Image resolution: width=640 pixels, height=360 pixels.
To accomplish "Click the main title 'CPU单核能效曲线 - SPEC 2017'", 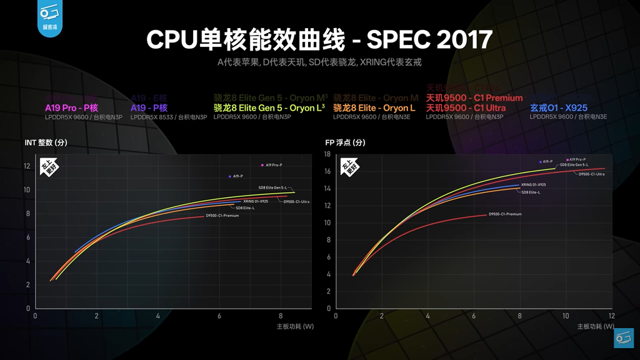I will pos(319,39).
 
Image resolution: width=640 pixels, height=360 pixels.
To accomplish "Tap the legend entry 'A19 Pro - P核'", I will pos(71,108).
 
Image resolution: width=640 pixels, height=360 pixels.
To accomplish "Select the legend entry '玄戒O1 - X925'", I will pos(559,108).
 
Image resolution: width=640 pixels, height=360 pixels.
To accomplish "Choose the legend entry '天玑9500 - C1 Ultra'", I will pos(466,108).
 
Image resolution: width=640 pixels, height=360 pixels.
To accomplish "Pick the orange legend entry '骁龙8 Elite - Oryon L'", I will pos(374,108).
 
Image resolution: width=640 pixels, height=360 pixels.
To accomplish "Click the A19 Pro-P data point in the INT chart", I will pos(262,165).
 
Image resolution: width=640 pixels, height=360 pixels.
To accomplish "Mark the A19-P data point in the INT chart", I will pos(230,176).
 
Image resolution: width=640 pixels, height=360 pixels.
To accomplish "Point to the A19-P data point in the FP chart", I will pos(541,162).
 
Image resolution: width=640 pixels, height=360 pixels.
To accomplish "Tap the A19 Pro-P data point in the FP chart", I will pos(567,160).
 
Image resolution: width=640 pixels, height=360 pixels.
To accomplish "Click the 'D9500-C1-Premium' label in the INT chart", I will pos(222,216).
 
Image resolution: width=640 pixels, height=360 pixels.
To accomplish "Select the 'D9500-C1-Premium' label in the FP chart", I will pos(505,214).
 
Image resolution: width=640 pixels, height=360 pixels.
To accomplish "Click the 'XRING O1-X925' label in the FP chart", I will pos(533,185).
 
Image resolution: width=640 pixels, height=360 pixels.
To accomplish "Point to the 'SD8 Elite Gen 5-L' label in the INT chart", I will pos(272,187).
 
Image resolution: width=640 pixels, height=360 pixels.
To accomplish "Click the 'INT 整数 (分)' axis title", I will pos(46,142).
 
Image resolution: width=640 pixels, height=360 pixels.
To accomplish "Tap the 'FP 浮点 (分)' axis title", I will pos(345,142).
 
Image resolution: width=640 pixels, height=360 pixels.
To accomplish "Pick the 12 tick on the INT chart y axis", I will pos(26,166).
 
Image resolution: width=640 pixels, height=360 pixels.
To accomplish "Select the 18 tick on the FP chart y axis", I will pos(327,154).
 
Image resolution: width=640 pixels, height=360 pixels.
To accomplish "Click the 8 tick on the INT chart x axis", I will pos(281,316).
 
